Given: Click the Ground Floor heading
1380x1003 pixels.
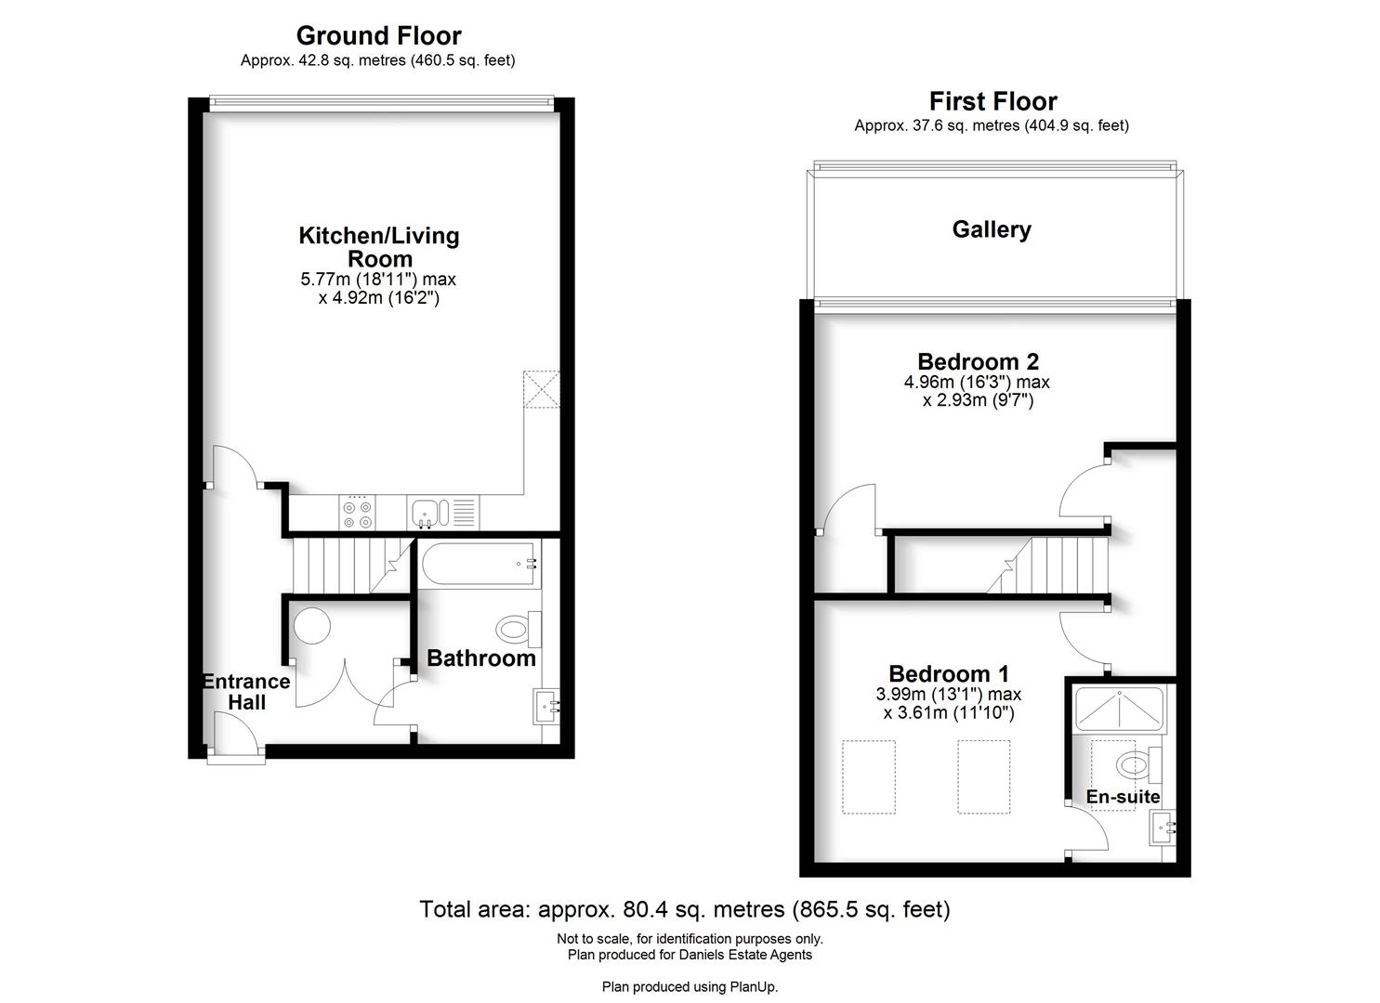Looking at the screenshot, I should click(x=378, y=35).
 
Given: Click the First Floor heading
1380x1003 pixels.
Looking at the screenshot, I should click(x=992, y=101).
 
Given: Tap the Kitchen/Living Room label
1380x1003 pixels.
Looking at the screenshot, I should click(x=378, y=247).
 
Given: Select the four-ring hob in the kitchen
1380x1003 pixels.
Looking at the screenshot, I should click(x=358, y=513).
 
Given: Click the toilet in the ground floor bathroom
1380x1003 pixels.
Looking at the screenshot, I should click(x=518, y=630).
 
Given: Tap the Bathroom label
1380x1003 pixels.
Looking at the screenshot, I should click(x=480, y=658).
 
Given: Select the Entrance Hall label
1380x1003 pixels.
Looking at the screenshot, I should click(x=246, y=692).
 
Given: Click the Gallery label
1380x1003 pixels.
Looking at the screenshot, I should click(x=992, y=229).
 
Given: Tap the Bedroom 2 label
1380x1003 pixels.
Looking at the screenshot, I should click(x=978, y=361).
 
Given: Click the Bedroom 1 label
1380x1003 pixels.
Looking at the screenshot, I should click(x=949, y=673).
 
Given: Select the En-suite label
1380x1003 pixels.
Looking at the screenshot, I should click(x=1123, y=797).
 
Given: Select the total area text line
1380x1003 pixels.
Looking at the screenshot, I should click(x=684, y=909).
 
